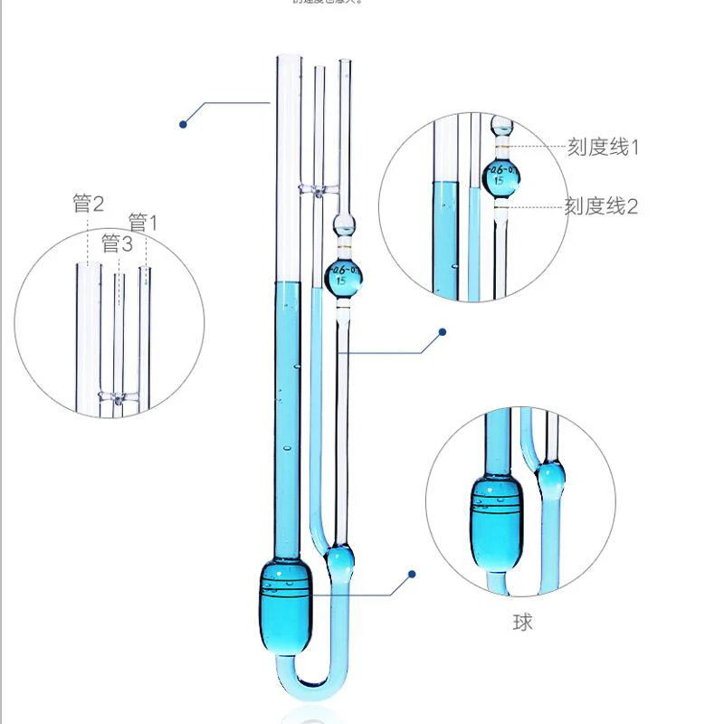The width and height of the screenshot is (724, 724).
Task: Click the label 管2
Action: (x=88, y=204)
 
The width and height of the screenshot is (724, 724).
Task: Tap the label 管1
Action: (x=142, y=223)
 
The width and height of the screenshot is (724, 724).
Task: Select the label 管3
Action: (x=117, y=244)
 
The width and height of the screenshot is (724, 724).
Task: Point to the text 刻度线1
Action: (x=603, y=147)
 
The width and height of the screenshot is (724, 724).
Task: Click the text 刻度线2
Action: (x=602, y=206)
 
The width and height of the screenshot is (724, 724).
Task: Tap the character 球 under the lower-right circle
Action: (x=522, y=622)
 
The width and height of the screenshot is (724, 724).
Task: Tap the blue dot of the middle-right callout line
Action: (x=443, y=331)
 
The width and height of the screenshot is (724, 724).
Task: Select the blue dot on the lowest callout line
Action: (x=412, y=574)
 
